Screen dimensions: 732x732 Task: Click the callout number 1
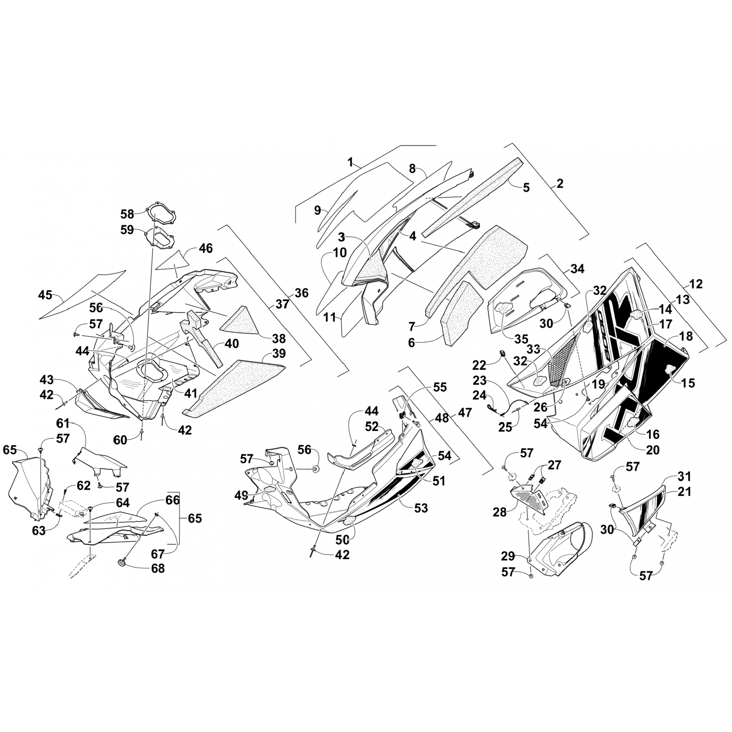[x=350, y=163]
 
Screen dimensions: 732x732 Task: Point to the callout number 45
[x=45, y=295]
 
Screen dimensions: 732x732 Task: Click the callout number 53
[x=420, y=508]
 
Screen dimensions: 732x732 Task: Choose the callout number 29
[x=508, y=556]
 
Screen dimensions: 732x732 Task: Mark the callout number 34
[x=577, y=268]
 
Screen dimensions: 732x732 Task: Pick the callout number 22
[x=480, y=365]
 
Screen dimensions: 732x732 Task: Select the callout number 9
[x=318, y=210]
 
